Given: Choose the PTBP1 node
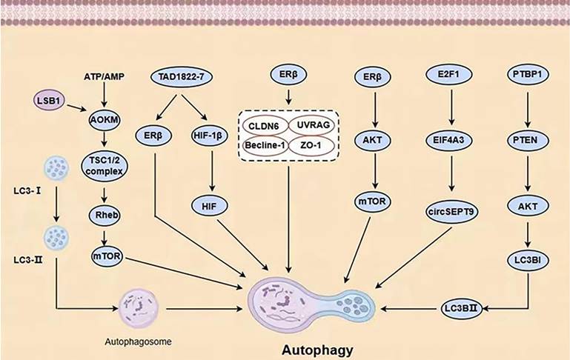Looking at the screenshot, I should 528,76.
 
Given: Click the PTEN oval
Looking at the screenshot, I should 528,136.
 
